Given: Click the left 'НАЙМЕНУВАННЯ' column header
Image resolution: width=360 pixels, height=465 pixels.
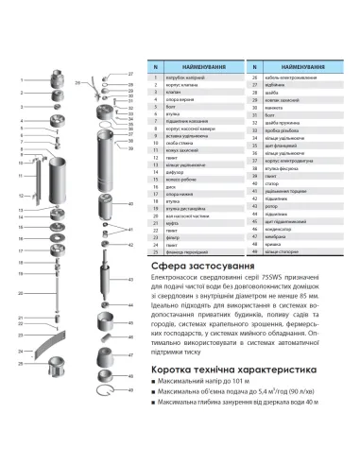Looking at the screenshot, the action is click(x=198, y=66).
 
